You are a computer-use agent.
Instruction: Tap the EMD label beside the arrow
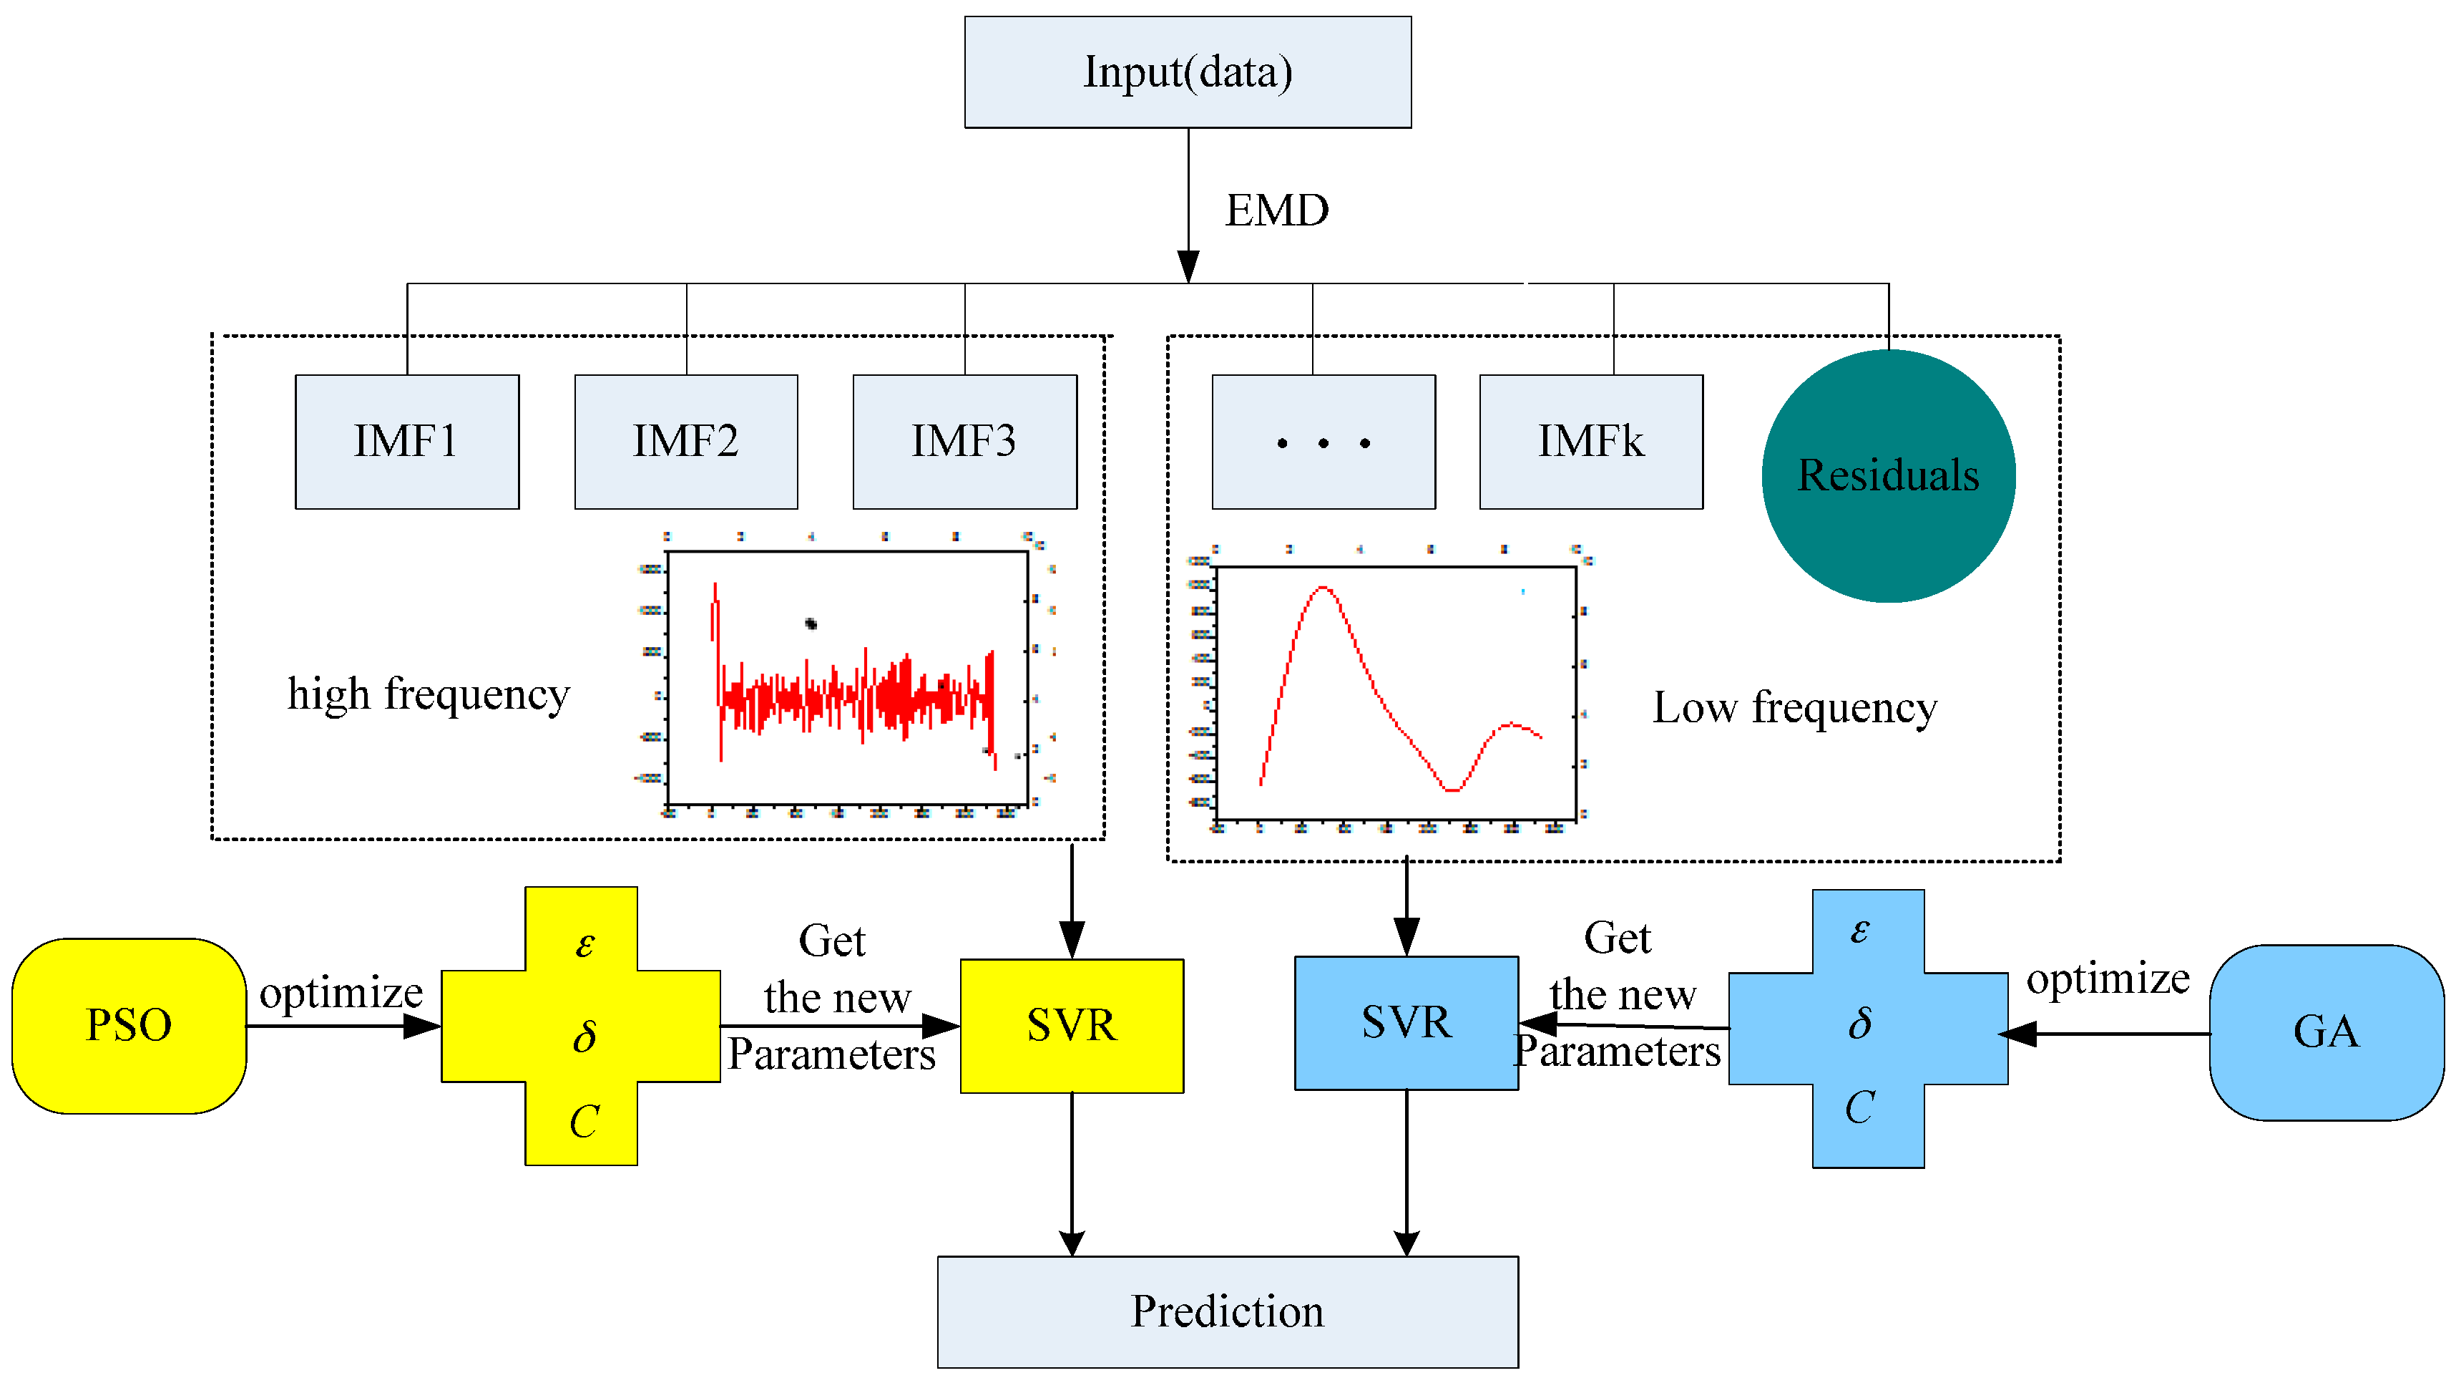click(x=1276, y=210)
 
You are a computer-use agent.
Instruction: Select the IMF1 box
click(x=407, y=441)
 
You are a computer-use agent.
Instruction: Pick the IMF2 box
click(x=685, y=441)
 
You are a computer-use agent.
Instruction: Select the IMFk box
click(x=1590, y=441)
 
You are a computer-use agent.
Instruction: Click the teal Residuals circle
click(x=1888, y=475)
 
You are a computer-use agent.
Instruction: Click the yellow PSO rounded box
click(x=129, y=1025)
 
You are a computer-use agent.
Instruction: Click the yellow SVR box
click(x=1072, y=1025)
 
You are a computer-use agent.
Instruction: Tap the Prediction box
click(x=1227, y=1311)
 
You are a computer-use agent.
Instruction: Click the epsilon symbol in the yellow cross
click(x=584, y=943)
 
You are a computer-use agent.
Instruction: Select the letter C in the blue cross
click(x=1859, y=1107)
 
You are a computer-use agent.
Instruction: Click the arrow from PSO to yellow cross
click(x=343, y=1027)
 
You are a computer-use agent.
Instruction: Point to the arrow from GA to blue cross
click(x=2107, y=1033)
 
